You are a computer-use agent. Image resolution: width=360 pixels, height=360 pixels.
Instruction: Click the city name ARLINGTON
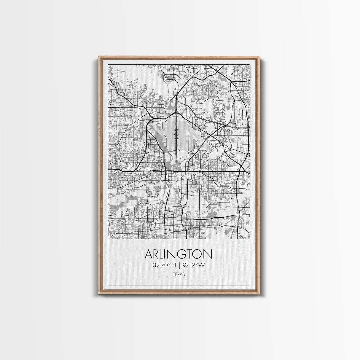point(179,254)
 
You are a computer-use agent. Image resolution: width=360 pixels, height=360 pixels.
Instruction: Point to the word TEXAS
point(179,275)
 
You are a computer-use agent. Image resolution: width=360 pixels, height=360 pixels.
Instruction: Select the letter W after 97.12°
point(201,265)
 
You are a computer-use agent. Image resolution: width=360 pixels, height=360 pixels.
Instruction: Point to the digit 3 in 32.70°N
point(155,265)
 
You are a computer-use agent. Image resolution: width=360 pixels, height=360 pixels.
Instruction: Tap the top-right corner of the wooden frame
point(259,56)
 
